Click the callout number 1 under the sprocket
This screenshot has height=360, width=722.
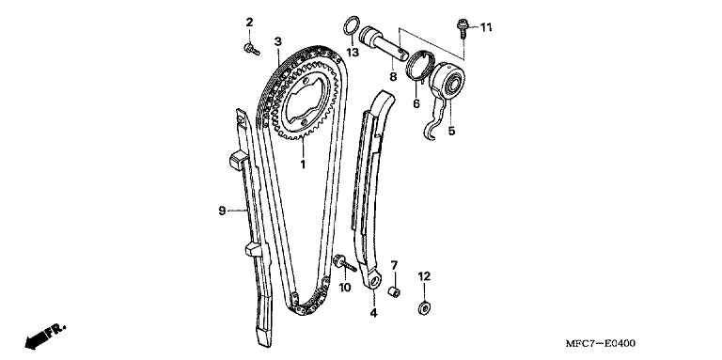(303, 164)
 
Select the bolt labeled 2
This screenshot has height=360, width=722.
(252, 49)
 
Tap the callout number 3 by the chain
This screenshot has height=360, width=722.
(277, 41)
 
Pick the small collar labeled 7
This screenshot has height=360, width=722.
(394, 292)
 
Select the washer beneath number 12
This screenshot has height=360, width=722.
(424, 307)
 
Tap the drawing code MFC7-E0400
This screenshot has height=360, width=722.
(601, 343)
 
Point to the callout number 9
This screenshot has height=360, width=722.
(222, 211)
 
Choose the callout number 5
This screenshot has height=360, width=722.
(451, 131)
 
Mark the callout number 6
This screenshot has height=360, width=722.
(416, 103)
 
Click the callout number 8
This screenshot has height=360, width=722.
(393, 76)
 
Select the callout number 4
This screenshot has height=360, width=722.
(373, 313)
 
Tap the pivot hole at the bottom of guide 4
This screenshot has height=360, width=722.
(374, 281)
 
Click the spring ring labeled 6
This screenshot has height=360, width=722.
(420, 66)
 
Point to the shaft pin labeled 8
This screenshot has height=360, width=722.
(384, 44)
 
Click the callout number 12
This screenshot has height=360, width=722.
(424, 276)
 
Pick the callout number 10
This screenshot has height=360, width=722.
(344, 288)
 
